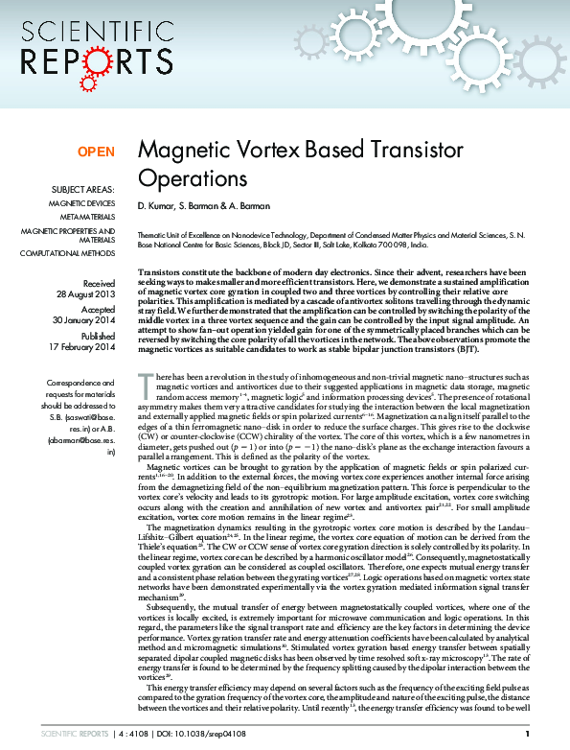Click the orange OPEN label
96,152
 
